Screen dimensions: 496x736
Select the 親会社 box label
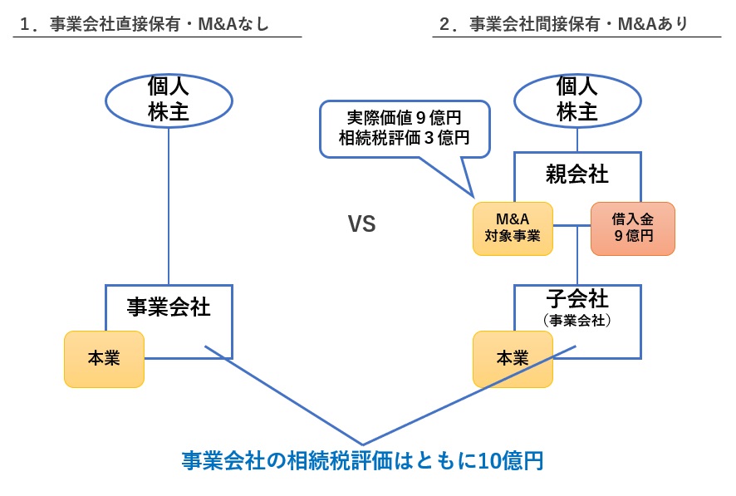click(x=577, y=174)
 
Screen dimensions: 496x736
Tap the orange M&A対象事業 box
click(x=513, y=228)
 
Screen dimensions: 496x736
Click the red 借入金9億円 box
click(x=632, y=228)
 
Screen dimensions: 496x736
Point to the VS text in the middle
click(x=361, y=224)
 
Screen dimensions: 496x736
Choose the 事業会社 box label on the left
click(x=169, y=307)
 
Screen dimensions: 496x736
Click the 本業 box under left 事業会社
click(x=104, y=358)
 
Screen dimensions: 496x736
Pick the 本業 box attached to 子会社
click(x=513, y=358)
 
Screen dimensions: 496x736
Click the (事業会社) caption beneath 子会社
click(x=577, y=320)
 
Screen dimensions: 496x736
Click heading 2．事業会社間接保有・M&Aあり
click(x=564, y=24)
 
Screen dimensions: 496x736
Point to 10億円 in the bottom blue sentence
click(x=511, y=460)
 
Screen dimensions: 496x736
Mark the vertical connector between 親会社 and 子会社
click(x=577, y=258)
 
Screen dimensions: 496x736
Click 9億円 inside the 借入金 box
click(x=632, y=236)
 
